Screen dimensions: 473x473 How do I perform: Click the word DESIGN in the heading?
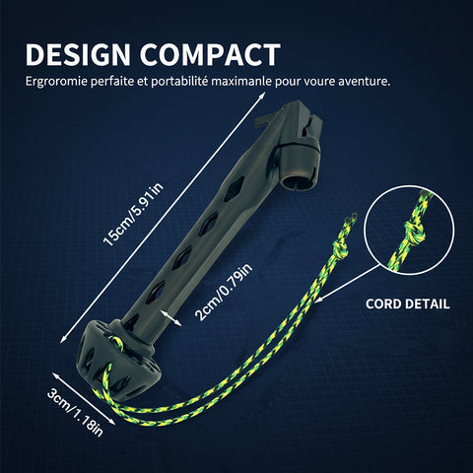(x=78, y=54)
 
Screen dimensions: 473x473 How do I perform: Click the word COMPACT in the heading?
(x=210, y=54)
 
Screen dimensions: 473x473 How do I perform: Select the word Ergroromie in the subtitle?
(x=56, y=82)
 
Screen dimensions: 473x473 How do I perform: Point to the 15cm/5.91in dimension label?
(x=133, y=215)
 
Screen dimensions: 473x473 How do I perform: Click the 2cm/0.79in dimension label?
(x=224, y=292)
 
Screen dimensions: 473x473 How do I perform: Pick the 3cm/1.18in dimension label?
(x=75, y=413)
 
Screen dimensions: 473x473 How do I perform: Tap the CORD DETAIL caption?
(x=407, y=304)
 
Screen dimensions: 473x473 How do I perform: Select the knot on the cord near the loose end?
(x=340, y=249)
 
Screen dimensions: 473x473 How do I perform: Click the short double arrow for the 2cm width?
(x=170, y=317)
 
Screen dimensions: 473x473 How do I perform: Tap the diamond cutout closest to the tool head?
(x=235, y=188)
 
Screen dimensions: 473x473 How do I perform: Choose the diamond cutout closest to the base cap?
(x=156, y=292)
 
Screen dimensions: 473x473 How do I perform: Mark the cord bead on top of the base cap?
(x=117, y=342)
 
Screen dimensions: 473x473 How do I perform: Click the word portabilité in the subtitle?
(x=179, y=82)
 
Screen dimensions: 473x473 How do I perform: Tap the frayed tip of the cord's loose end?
(x=353, y=217)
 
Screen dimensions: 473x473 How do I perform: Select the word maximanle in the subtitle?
(x=241, y=81)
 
